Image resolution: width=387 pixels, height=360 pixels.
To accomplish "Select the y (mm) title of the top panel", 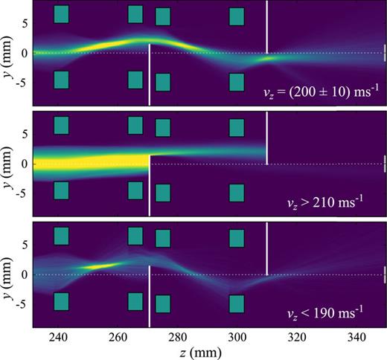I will pyautogui.click(x=8, y=54).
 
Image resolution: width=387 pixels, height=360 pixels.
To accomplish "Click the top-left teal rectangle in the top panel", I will pyautogui.click(x=61, y=14).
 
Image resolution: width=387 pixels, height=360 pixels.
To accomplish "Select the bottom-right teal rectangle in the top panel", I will pyautogui.click(x=237, y=82).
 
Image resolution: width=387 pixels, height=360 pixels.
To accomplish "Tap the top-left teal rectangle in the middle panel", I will pyautogui.click(x=61, y=125).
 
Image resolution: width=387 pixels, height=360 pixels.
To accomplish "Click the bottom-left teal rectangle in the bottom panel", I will pyautogui.click(x=61, y=302).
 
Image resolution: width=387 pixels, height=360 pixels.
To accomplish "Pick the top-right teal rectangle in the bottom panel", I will pyautogui.click(x=237, y=238).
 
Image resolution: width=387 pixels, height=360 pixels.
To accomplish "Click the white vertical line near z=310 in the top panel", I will pyautogui.click(x=266, y=26).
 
